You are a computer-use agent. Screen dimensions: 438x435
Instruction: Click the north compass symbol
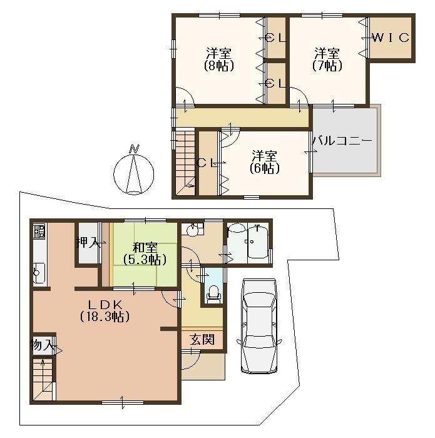pyautogui.click(x=133, y=170)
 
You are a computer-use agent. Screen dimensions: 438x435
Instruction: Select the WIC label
pyautogui.click(x=391, y=38)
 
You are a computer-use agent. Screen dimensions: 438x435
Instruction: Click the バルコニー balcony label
pyautogui.click(x=342, y=142)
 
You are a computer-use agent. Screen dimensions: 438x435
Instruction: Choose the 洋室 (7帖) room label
pyautogui.click(x=327, y=59)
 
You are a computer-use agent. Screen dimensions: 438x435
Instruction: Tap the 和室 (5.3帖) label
pyautogui.click(x=145, y=253)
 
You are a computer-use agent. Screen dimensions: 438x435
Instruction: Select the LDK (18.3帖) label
pyautogui.click(x=104, y=310)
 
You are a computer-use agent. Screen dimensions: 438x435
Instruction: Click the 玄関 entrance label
pyautogui.click(x=202, y=340)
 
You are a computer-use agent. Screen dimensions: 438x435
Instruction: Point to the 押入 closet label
pyautogui.click(x=88, y=243)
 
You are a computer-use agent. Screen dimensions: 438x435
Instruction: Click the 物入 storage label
pyautogui.click(x=43, y=345)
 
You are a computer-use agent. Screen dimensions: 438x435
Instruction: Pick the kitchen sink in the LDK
pyautogui.click(x=38, y=272)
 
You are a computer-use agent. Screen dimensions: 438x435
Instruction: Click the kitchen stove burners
pyautogui.click(x=39, y=233)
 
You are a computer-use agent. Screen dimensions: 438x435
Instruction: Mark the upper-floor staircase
pyautogui.click(x=185, y=161)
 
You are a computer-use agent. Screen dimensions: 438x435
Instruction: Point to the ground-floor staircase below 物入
pyautogui.click(x=43, y=379)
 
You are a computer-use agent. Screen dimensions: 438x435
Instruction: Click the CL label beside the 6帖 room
pyautogui.click(x=207, y=163)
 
